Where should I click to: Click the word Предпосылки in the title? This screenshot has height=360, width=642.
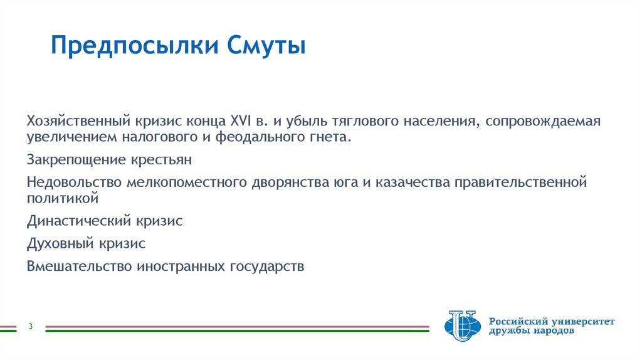[132, 47]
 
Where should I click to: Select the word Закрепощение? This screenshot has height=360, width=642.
[66, 160]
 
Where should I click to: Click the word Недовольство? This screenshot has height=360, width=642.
[75, 183]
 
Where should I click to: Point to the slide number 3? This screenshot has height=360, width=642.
[30, 326]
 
